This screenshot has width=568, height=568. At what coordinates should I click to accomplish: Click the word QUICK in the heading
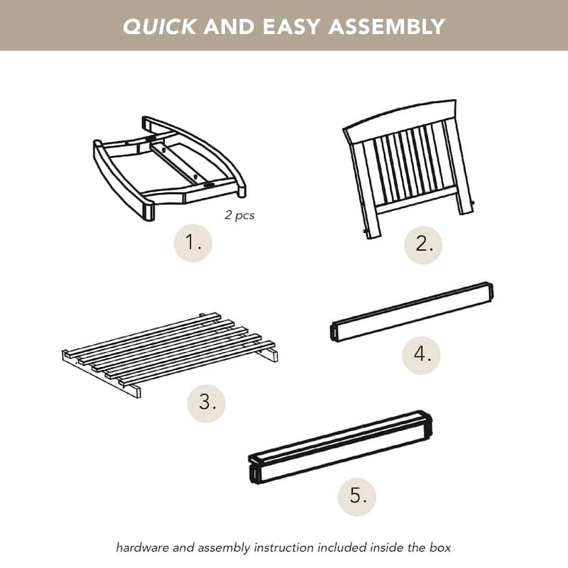point(159,26)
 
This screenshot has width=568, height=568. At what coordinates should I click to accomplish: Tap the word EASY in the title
point(291,26)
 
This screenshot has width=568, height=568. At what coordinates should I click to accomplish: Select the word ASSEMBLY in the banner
point(386,26)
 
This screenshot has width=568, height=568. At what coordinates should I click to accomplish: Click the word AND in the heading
point(229,26)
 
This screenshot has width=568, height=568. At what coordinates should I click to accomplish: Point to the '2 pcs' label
point(239,215)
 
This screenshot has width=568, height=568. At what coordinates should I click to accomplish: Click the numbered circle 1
point(192,243)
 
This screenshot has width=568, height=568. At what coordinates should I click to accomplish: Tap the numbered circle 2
point(423,244)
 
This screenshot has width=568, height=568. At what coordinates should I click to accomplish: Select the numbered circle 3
point(206,403)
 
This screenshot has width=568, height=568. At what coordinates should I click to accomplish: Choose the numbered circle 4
point(421,354)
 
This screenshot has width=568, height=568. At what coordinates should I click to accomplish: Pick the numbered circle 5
point(357,496)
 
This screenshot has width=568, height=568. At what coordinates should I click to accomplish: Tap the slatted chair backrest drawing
point(409,169)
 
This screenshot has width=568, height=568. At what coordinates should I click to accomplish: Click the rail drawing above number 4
point(412,311)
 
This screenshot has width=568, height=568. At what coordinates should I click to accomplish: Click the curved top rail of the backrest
point(401,121)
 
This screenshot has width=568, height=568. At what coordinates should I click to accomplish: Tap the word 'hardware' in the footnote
point(143,547)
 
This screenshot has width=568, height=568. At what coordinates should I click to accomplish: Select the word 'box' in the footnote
point(440,547)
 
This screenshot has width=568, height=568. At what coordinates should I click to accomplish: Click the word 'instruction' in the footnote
point(283,547)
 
